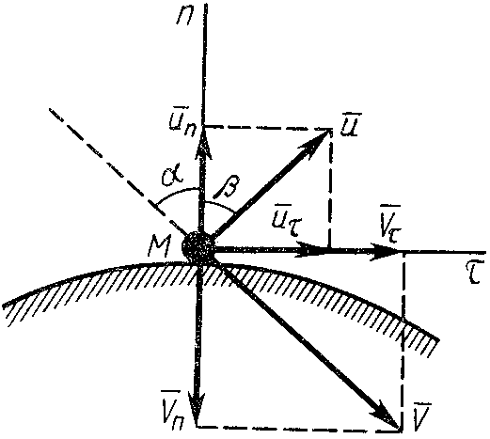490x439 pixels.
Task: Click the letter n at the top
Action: pyautogui.click(x=185, y=16)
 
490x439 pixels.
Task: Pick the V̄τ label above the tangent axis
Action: pyautogui.click(x=389, y=222)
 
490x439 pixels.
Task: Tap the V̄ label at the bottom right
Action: pyautogui.click(x=420, y=415)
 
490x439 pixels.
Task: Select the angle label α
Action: pyautogui.click(x=172, y=177)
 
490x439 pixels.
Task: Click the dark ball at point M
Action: pyautogui.click(x=198, y=246)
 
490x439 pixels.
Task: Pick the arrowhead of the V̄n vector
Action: pyautogui.click(x=197, y=409)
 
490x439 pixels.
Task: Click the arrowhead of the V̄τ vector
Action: pyautogui.click(x=385, y=251)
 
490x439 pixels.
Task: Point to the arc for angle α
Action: pyautogui.click(x=176, y=194)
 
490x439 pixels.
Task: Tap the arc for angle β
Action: pyautogui.click(x=219, y=206)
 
